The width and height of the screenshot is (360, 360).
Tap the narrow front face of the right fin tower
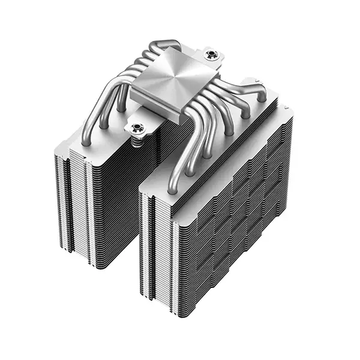(x=154, y=252)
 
